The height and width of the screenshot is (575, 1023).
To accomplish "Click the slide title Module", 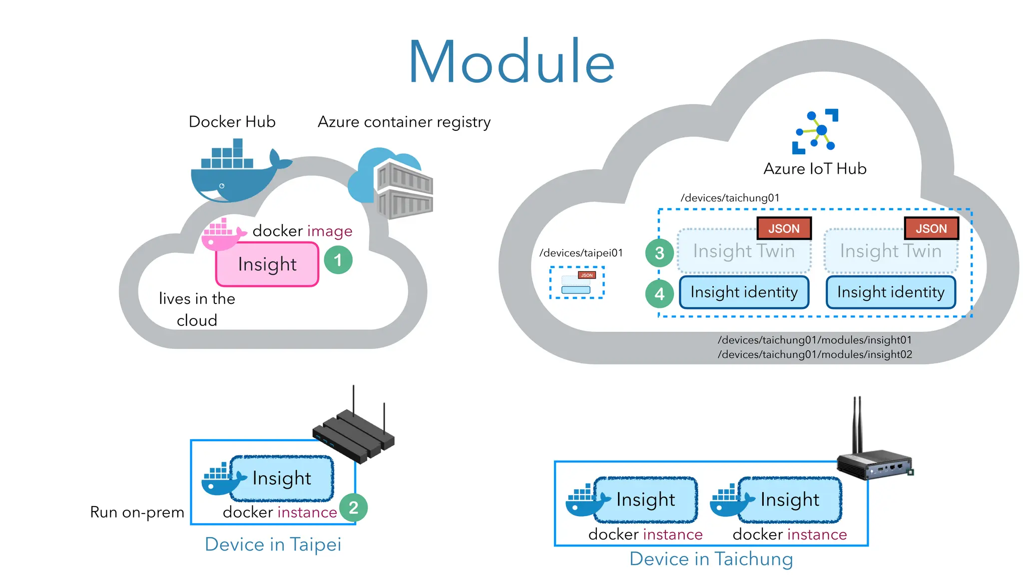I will tap(511, 62).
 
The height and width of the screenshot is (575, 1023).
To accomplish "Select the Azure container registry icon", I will tap(393, 183).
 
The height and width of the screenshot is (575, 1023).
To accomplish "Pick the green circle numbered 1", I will tap(338, 260).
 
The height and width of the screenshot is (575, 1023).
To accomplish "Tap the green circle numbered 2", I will tap(353, 508).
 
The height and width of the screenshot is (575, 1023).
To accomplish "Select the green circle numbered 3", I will tap(659, 253).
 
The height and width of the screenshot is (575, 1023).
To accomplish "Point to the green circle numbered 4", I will tap(659, 293).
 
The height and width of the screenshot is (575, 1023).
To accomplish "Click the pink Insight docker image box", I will tap(267, 264).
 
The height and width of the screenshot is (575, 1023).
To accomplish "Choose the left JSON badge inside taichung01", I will tap(784, 229).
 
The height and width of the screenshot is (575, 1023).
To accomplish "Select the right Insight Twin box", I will tap(891, 251).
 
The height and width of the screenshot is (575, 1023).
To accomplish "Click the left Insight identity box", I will tap(744, 292).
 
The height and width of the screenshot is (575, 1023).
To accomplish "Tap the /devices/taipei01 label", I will tap(581, 253).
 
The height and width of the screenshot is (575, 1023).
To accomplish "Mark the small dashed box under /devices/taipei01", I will tap(577, 283).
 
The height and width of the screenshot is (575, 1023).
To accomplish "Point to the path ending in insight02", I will tap(815, 354).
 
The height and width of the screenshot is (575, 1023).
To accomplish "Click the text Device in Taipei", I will tap(273, 544).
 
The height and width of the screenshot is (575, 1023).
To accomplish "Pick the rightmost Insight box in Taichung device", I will tap(789, 500).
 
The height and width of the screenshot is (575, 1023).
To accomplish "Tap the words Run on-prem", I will tap(137, 512).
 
